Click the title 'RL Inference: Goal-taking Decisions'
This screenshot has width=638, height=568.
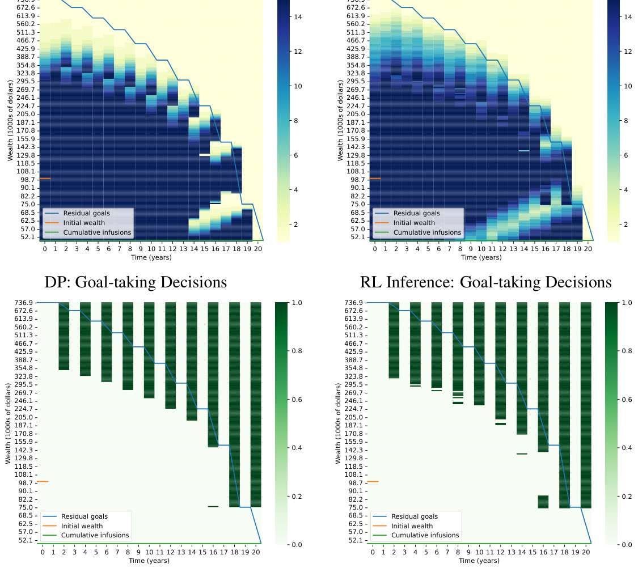485,282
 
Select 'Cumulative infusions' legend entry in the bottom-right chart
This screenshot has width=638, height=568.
426,535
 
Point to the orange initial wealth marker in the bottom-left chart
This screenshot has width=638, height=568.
43,481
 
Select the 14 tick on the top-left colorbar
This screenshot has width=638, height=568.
297,17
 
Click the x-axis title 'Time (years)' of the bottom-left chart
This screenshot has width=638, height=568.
150,561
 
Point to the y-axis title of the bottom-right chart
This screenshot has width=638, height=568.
338,423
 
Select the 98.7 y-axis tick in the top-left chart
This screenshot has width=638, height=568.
27,179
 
